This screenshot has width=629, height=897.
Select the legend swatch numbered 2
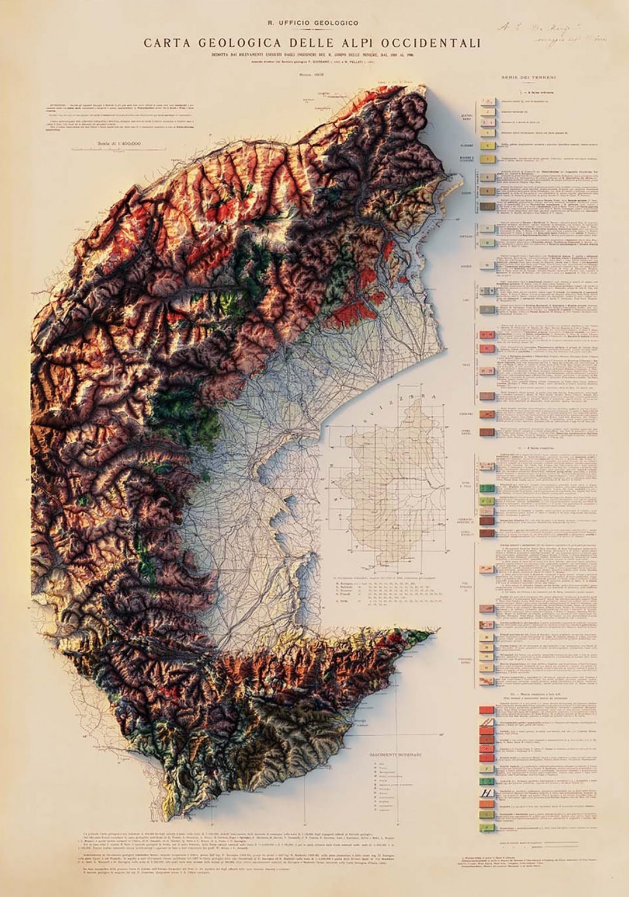486,112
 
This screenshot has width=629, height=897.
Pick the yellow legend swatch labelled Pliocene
486,146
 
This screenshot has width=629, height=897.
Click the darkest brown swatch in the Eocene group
486,206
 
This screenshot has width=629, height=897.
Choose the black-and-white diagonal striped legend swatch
486,793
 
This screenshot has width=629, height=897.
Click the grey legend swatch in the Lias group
486,310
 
